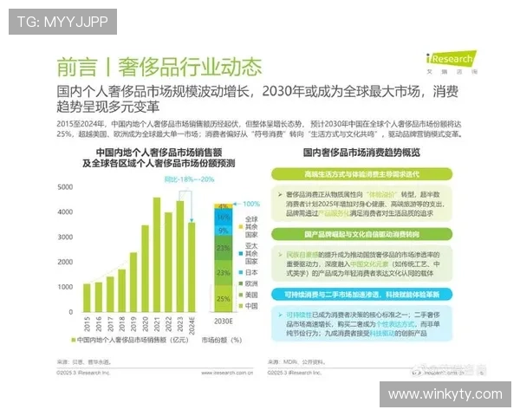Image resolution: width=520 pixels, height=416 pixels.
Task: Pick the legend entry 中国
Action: pyautogui.click(x=252, y=305)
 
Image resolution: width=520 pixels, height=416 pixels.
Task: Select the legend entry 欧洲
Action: pyautogui.click(x=252, y=283)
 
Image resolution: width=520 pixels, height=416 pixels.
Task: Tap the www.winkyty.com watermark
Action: pyautogui.click(x=445, y=394)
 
